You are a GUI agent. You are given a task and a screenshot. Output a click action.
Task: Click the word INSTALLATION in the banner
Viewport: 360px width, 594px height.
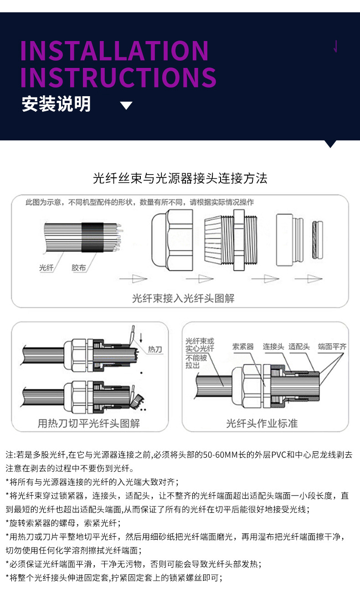(114, 51)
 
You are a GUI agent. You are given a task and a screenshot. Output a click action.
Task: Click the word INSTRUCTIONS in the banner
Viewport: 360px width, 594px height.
(118, 77)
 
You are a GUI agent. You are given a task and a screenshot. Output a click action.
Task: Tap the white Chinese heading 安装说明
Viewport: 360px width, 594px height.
(57, 104)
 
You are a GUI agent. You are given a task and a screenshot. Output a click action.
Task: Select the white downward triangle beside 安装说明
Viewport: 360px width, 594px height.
(126, 106)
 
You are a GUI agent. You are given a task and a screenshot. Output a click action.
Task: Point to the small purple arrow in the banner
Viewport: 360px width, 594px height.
(336, 46)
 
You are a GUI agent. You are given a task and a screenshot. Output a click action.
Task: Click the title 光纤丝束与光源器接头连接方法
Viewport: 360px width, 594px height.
(180, 178)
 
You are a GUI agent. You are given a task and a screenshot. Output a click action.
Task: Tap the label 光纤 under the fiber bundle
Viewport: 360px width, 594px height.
(46, 268)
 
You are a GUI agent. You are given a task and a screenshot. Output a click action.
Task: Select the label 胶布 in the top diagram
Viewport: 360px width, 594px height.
(78, 268)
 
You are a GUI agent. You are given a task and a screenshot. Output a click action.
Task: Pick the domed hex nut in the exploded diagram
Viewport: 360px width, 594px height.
(171, 240)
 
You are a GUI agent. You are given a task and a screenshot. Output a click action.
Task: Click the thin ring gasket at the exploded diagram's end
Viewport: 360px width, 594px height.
(317, 240)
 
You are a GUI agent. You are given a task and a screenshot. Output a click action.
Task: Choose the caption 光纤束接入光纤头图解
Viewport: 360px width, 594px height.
(183, 299)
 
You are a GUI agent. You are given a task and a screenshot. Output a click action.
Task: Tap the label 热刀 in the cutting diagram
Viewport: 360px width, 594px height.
(154, 350)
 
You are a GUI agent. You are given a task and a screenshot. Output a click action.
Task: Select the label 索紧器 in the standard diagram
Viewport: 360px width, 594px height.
(243, 346)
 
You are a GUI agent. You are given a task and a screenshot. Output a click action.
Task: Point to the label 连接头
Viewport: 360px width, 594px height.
(273, 346)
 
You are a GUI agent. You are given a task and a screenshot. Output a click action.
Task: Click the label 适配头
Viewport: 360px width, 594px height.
(299, 346)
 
